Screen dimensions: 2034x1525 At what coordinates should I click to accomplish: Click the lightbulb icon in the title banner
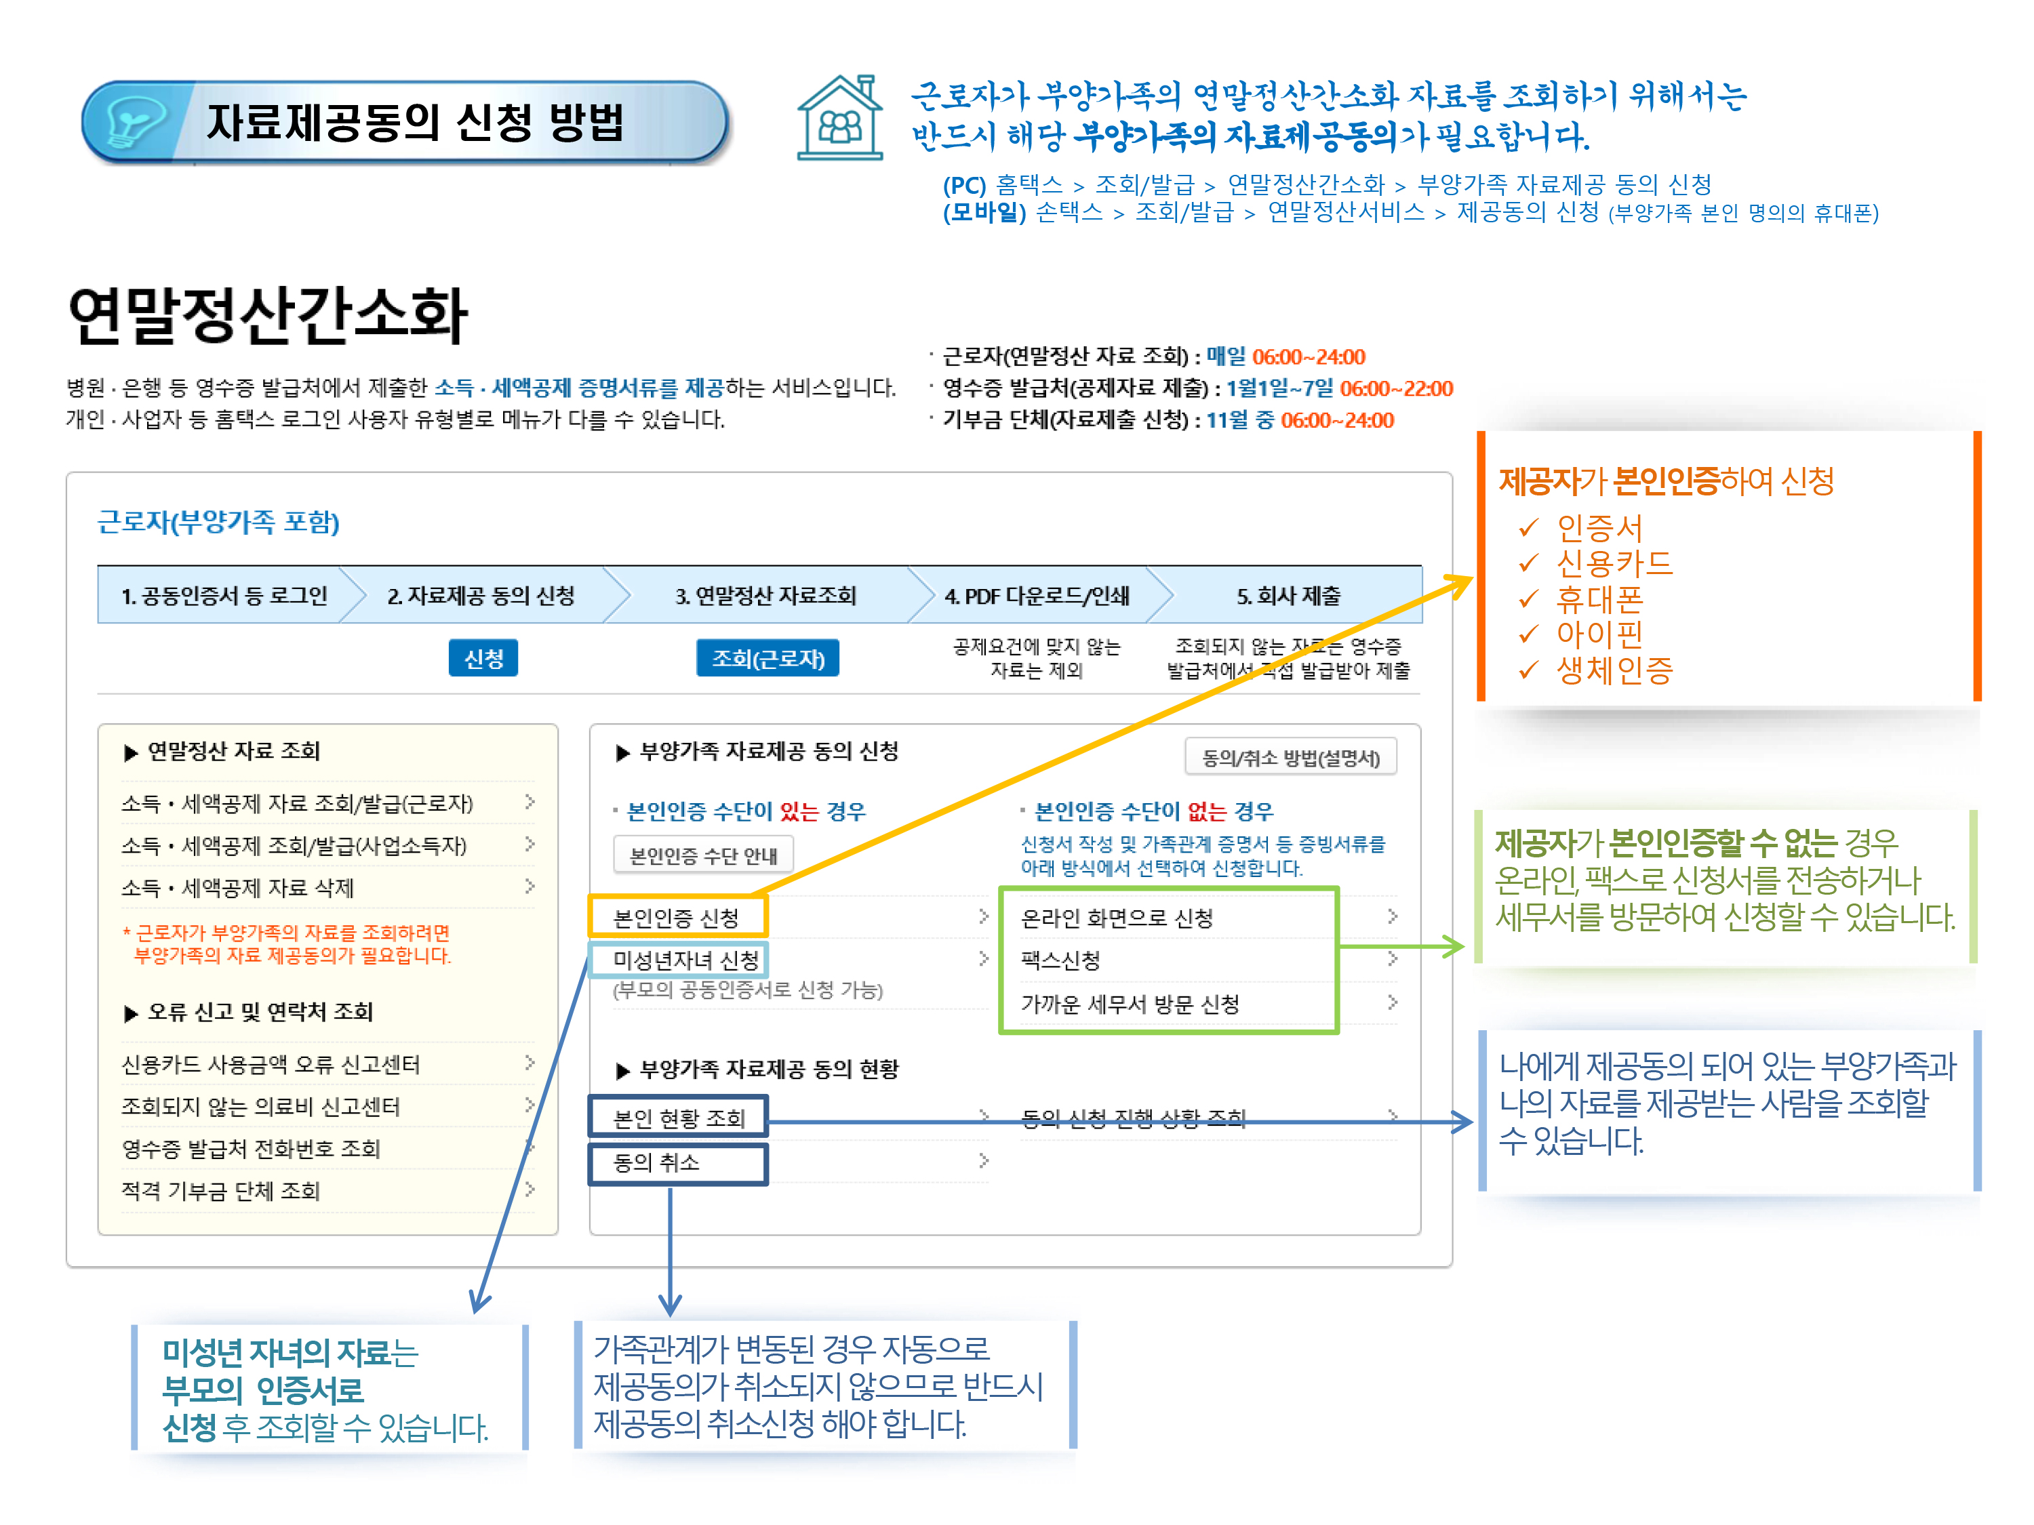pos(136,121)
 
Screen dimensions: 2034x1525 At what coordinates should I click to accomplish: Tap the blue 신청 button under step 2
pos(483,658)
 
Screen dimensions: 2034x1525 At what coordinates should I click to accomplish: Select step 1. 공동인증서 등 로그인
pos(224,596)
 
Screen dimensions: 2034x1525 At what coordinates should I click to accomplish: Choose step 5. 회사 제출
pos(1288,596)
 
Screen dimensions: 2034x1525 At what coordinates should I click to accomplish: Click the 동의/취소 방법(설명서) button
pos(1290,758)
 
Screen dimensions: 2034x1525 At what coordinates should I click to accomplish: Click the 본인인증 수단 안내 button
pos(702,856)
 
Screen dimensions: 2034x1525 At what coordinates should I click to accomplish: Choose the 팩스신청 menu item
pos(1060,960)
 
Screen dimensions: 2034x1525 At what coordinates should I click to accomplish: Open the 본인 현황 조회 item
pos(679,1118)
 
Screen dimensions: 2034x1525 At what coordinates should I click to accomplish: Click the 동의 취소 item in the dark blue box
pos(656,1162)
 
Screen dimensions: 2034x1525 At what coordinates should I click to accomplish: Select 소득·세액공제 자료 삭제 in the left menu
pos(237,887)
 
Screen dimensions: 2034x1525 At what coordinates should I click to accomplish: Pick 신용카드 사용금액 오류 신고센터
pos(271,1063)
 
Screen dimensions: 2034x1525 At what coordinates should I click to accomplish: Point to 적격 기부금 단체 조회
pos(220,1190)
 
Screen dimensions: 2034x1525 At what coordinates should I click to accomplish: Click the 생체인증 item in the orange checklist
pos(1614,670)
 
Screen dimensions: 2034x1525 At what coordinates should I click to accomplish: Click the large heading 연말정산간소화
pos(268,315)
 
